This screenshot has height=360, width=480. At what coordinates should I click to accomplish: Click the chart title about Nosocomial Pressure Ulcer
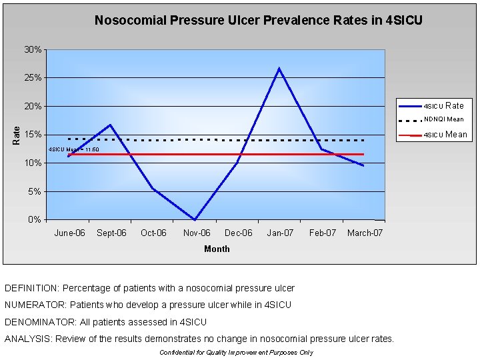coord(258,21)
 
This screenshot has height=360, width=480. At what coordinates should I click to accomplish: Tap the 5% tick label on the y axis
coord(36,192)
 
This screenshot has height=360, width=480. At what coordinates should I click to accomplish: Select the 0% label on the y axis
coord(36,220)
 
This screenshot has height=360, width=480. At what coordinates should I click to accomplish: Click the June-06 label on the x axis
coord(69,233)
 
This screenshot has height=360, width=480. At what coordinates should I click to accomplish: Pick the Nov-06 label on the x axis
coord(196,233)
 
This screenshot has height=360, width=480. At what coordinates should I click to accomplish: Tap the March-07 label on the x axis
coord(365,233)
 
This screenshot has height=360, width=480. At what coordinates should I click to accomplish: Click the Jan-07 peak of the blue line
coord(279,68)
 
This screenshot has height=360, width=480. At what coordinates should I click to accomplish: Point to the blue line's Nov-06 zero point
coord(195,219)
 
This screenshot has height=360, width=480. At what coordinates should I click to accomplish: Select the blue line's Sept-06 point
coord(110,125)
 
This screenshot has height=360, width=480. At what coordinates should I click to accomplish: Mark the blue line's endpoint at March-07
coord(363,165)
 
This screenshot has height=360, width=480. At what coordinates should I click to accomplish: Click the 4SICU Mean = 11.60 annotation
coord(74,149)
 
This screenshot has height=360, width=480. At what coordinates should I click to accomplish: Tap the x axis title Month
coord(217,249)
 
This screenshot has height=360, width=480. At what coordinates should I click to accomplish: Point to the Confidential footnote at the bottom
coord(236,353)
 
